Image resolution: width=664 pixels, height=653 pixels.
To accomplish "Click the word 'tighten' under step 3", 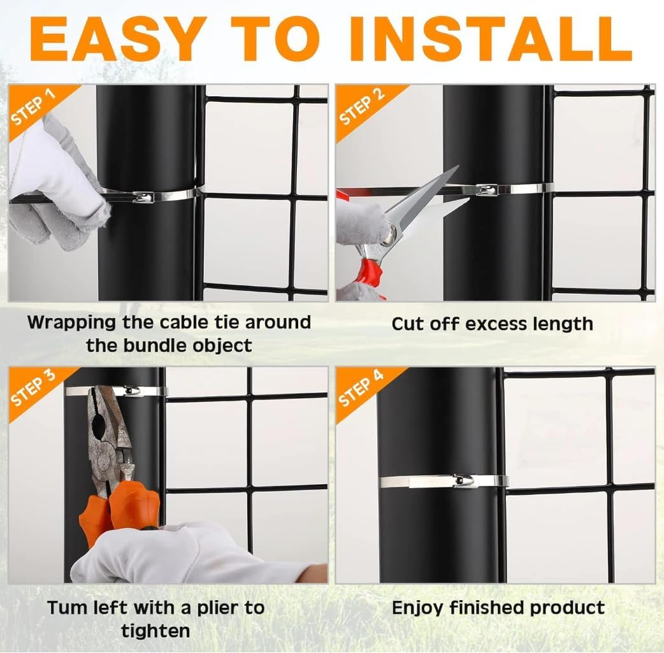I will coord(155,631).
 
